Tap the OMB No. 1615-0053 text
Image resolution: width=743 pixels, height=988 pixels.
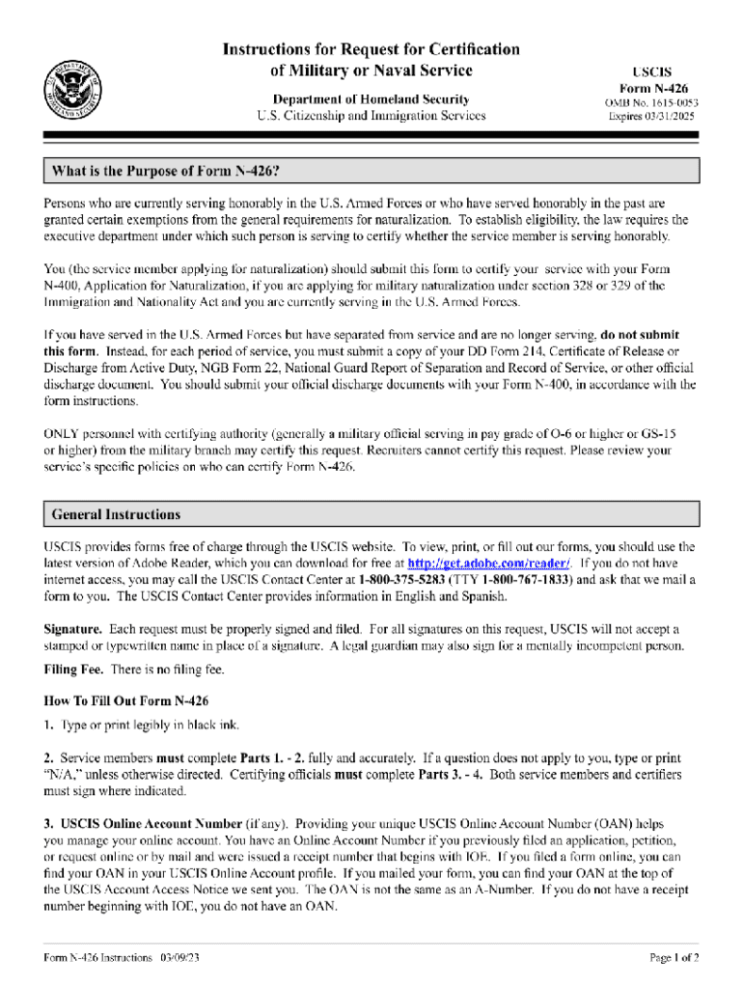[651, 102]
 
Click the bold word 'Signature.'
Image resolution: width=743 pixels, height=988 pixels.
[73, 629]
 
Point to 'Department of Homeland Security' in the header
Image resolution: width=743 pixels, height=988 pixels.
[371, 99]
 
